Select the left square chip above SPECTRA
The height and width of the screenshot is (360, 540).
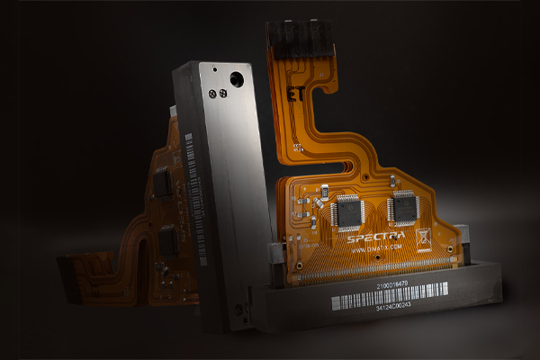point(347,212)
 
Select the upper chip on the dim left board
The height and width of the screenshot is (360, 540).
point(163,184)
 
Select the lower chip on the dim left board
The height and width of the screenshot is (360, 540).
point(167,239)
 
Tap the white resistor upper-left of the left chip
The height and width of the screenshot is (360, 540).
point(321,193)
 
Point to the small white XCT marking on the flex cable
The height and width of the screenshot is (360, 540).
point(292,243)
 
